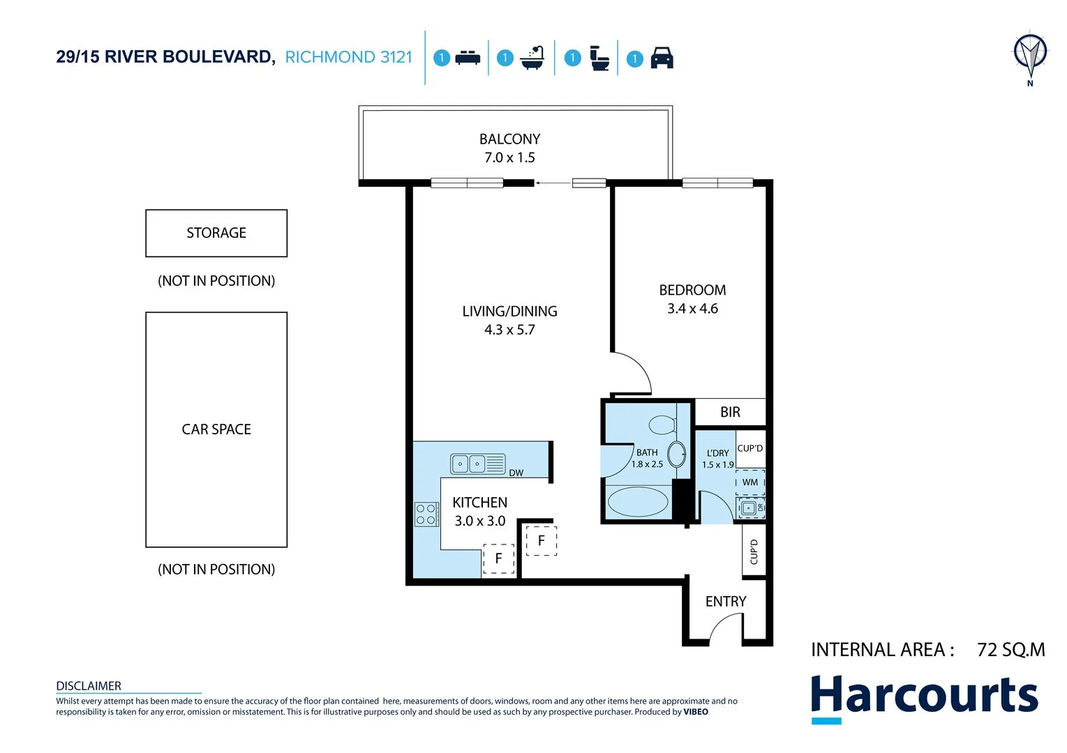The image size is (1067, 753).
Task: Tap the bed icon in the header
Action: tap(468, 58)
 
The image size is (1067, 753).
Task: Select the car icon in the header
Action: tap(662, 58)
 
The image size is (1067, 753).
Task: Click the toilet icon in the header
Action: tap(599, 58)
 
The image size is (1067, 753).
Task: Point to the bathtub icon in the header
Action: tap(532, 58)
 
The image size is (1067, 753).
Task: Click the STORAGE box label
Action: tap(216, 233)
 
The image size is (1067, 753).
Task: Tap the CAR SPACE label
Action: tap(216, 429)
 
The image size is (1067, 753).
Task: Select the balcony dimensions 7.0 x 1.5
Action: tap(509, 158)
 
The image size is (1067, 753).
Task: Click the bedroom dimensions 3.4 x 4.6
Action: tap(692, 309)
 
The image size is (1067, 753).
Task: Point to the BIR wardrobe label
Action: tap(730, 412)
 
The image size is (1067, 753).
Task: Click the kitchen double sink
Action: tap(469, 464)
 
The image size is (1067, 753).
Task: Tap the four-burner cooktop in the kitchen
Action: tap(426, 515)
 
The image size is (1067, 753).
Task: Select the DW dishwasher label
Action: tap(516, 473)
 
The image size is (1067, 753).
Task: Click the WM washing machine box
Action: tap(750, 482)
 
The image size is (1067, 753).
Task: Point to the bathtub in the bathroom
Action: tap(638, 502)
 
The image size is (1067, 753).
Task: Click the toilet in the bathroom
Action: tap(661, 424)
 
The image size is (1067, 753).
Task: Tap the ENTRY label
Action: tap(726, 602)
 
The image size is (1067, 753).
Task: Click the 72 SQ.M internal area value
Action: tap(1010, 650)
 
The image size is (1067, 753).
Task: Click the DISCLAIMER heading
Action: tap(89, 686)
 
